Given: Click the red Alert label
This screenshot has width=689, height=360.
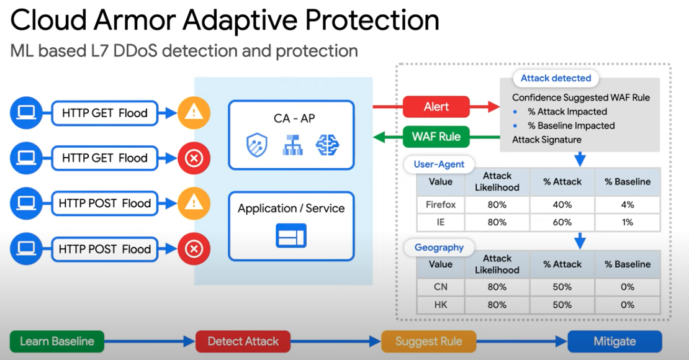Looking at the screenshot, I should click(x=436, y=107).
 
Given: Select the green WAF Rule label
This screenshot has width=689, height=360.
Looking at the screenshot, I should click(x=436, y=137).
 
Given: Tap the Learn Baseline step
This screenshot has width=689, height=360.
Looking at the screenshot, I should click(x=57, y=341).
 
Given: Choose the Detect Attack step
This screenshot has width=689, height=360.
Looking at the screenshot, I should click(x=243, y=341).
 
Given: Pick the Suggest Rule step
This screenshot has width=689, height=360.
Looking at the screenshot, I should click(x=428, y=341).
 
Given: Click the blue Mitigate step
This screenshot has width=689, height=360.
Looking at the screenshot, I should click(x=615, y=341).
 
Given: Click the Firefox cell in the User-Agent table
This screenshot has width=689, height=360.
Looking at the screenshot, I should click(x=441, y=205).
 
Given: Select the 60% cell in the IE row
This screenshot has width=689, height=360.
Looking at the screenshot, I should click(x=562, y=222).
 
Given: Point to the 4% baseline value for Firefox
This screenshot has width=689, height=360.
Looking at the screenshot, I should click(x=627, y=205).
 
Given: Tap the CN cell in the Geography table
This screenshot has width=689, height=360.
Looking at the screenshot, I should click(x=441, y=287).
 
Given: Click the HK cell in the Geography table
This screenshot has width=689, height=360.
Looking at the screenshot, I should click(x=441, y=305).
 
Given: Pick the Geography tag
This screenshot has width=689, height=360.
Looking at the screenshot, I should click(x=439, y=248).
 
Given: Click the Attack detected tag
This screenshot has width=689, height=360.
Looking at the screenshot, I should click(x=556, y=78).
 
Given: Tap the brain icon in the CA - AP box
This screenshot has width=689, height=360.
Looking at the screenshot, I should click(x=327, y=145).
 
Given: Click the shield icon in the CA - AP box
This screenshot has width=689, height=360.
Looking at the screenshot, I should click(x=257, y=145).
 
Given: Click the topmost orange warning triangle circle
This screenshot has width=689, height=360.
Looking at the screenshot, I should click(x=194, y=113).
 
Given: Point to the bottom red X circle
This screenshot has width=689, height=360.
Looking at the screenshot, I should click(x=194, y=249).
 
